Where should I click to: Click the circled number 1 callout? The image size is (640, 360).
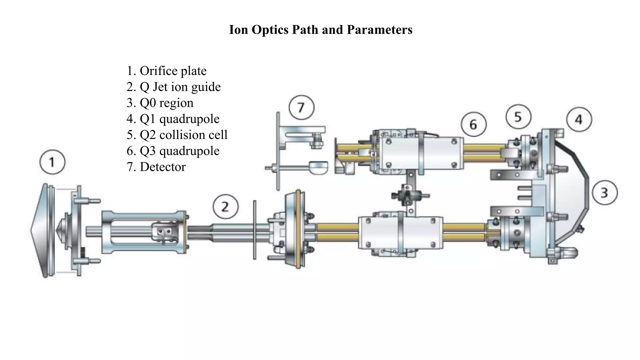pyautogui.click(x=52, y=162)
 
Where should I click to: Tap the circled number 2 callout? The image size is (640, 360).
pyautogui.click(x=225, y=207)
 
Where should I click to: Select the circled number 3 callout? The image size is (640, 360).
pyautogui.click(x=604, y=192)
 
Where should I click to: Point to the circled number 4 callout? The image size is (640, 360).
pyautogui.click(x=579, y=120)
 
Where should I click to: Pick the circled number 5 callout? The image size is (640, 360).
pyautogui.click(x=518, y=117)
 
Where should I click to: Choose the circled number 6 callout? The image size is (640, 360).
pyautogui.click(x=473, y=125)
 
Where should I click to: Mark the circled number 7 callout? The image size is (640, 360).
pyautogui.click(x=301, y=107)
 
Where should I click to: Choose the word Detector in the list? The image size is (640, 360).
pyautogui.click(x=162, y=167)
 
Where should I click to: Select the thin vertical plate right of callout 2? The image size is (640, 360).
pyautogui.click(x=255, y=230)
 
